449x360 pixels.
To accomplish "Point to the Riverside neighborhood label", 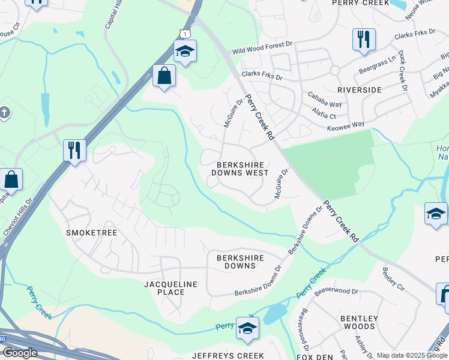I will tap(359, 89).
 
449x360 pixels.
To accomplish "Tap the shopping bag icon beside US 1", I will tap(164, 76).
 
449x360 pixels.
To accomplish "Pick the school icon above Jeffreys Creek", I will tap(247, 328).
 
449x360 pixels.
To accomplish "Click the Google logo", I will tap(20, 353).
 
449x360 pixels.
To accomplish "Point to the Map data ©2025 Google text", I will tap(412, 355).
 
